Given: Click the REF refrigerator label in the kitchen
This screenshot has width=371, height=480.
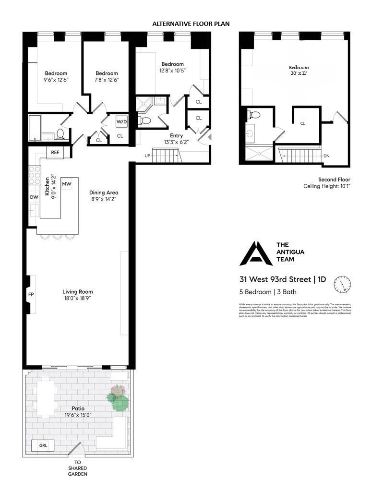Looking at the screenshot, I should pyautogui.click(x=55, y=152).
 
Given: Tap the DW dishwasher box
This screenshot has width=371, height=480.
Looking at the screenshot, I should pyautogui.click(x=34, y=197).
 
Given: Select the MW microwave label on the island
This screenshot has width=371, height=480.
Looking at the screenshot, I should pyautogui.click(x=67, y=183).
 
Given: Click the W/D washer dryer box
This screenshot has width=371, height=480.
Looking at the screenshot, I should pyautogui.click(x=121, y=122).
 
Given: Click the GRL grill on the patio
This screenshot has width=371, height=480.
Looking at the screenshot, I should pyautogui.click(x=43, y=446).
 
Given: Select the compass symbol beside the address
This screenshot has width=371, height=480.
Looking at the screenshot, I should pyautogui.click(x=342, y=285).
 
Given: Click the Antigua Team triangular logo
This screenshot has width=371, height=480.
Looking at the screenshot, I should pyautogui.click(x=256, y=253).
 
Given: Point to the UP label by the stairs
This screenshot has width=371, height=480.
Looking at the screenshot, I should pyautogui.click(x=148, y=156).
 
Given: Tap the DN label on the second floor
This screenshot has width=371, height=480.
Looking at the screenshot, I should pyautogui.click(x=326, y=156).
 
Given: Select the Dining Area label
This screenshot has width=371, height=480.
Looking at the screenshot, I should pyautogui.click(x=104, y=192).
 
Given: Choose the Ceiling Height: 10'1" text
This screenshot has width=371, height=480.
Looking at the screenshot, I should pyautogui.click(x=327, y=186).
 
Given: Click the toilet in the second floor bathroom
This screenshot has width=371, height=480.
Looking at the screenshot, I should pyautogui.click(x=255, y=115).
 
